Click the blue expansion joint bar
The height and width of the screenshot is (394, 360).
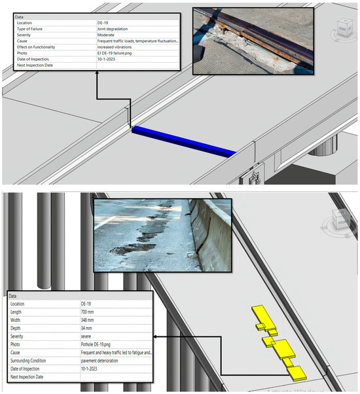183,141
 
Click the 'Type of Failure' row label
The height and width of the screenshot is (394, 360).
33,29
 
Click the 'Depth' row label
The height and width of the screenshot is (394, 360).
19,328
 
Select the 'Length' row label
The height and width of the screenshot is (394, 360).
20,312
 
